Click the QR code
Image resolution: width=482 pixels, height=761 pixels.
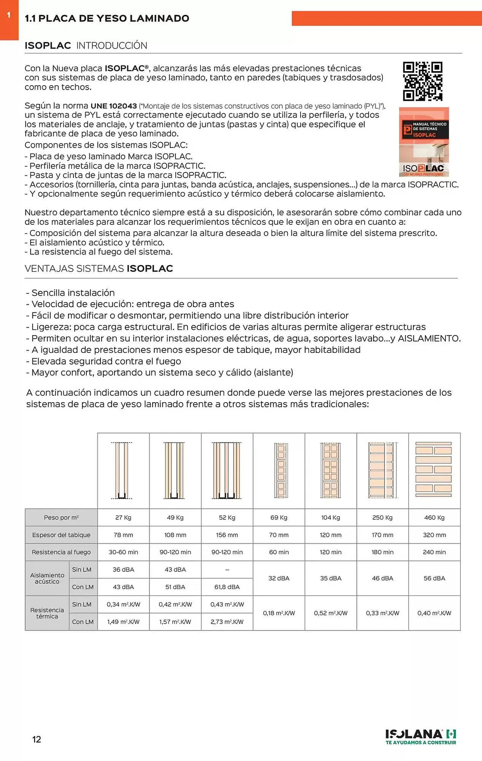coord(423,81)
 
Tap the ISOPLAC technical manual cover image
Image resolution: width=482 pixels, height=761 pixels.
coord(424,142)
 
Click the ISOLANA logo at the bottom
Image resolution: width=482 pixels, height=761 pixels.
coord(421,737)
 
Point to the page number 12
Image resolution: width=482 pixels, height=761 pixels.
coord(37,739)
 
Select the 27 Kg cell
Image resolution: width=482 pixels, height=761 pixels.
coord(123,517)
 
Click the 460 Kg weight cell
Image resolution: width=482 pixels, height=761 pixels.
coord(434,517)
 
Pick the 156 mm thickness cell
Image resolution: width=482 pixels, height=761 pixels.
coord(227,535)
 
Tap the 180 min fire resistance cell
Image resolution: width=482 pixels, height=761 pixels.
coord(382,552)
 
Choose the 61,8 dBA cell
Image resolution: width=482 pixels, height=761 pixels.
coord(227,587)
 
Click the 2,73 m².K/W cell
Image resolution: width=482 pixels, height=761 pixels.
coord(227,622)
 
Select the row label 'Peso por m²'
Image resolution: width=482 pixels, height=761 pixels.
coord(61,517)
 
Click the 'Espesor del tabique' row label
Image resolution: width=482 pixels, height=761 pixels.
coord(61,535)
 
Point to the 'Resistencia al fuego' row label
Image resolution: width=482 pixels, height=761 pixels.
coord(61,552)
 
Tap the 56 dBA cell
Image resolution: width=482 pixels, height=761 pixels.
coord(434,578)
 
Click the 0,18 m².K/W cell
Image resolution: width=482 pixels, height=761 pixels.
coord(279,613)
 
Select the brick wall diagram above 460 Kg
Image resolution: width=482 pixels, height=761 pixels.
coord(434,470)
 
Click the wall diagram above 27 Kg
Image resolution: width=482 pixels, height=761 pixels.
coord(122,470)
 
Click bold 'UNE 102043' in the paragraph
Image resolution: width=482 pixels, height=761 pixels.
coord(114,106)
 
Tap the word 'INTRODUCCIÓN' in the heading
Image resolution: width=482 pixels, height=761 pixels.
coord(112,46)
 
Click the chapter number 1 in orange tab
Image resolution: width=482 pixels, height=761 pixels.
coord(9,16)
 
